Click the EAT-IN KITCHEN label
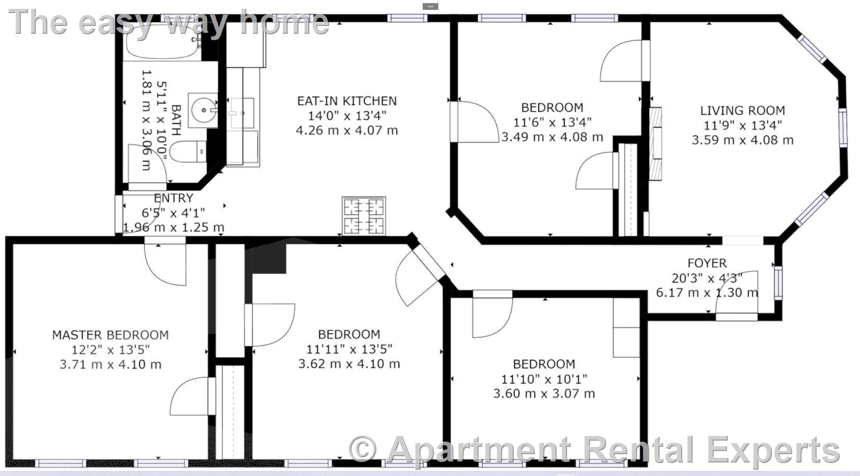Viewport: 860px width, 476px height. click(x=347, y=101)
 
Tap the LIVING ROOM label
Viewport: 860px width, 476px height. click(x=742, y=110)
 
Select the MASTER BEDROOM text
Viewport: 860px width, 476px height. click(x=110, y=335)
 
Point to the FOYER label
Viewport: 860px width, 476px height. click(x=707, y=263)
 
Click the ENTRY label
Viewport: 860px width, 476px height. click(x=174, y=198)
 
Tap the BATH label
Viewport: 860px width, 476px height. click(x=176, y=121)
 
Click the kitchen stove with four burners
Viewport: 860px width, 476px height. click(x=364, y=216)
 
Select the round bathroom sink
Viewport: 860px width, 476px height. click(x=203, y=110)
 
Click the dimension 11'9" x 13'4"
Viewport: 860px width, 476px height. click(x=742, y=125)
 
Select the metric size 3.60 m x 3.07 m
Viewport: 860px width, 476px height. click(x=544, y=394)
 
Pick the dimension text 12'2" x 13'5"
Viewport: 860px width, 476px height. click(x=110, y=350)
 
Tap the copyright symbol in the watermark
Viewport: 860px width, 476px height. click(x=362, y=448)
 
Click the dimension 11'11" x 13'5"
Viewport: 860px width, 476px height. click(x=349, y=349)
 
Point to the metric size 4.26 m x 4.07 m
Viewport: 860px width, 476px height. click(x=347, y=130)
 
